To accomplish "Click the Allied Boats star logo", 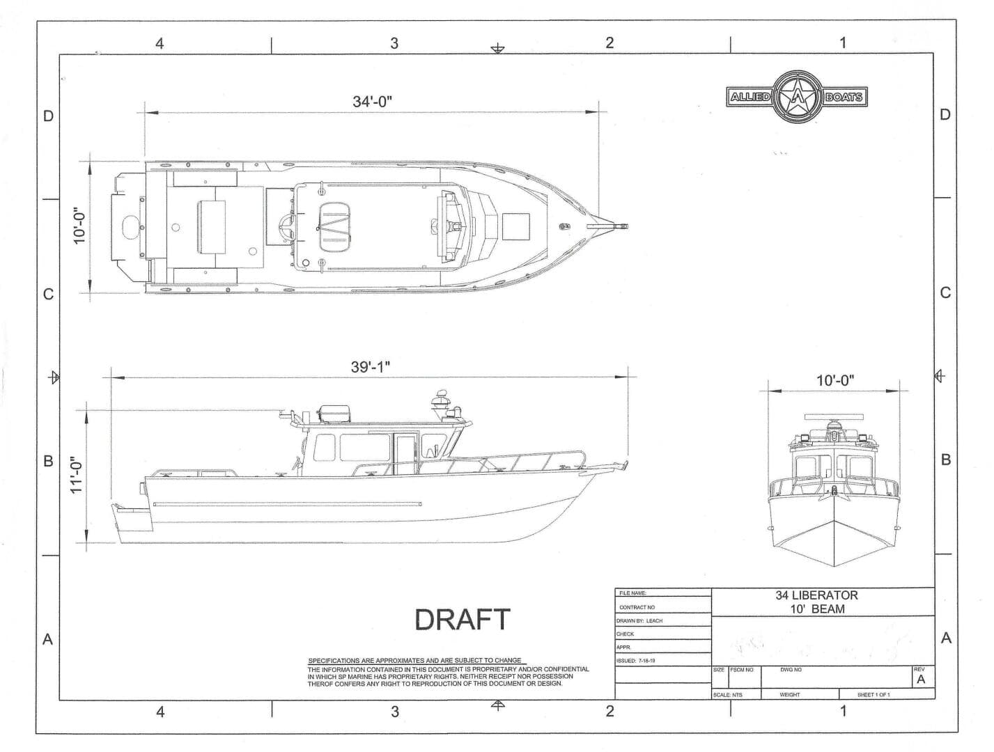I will click(x=795, y=97).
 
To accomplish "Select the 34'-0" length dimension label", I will click(x=372, y=101).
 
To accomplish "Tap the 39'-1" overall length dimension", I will click(x=375, y=367).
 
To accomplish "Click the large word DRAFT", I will click(x=462, y=619).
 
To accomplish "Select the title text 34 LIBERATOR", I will click(x=816, y=595).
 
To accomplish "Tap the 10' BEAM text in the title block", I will click(x=816, y=609).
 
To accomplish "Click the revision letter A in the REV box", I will click(x=921, y=680).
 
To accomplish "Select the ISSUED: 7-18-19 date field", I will click(x=636, y=660).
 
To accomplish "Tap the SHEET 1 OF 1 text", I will click(x=873, y=695).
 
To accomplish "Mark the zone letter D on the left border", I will click(x=48, y=116).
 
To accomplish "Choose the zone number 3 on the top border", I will click(x=394, y=43).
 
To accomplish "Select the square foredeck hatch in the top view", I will click(x=516, y=226).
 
